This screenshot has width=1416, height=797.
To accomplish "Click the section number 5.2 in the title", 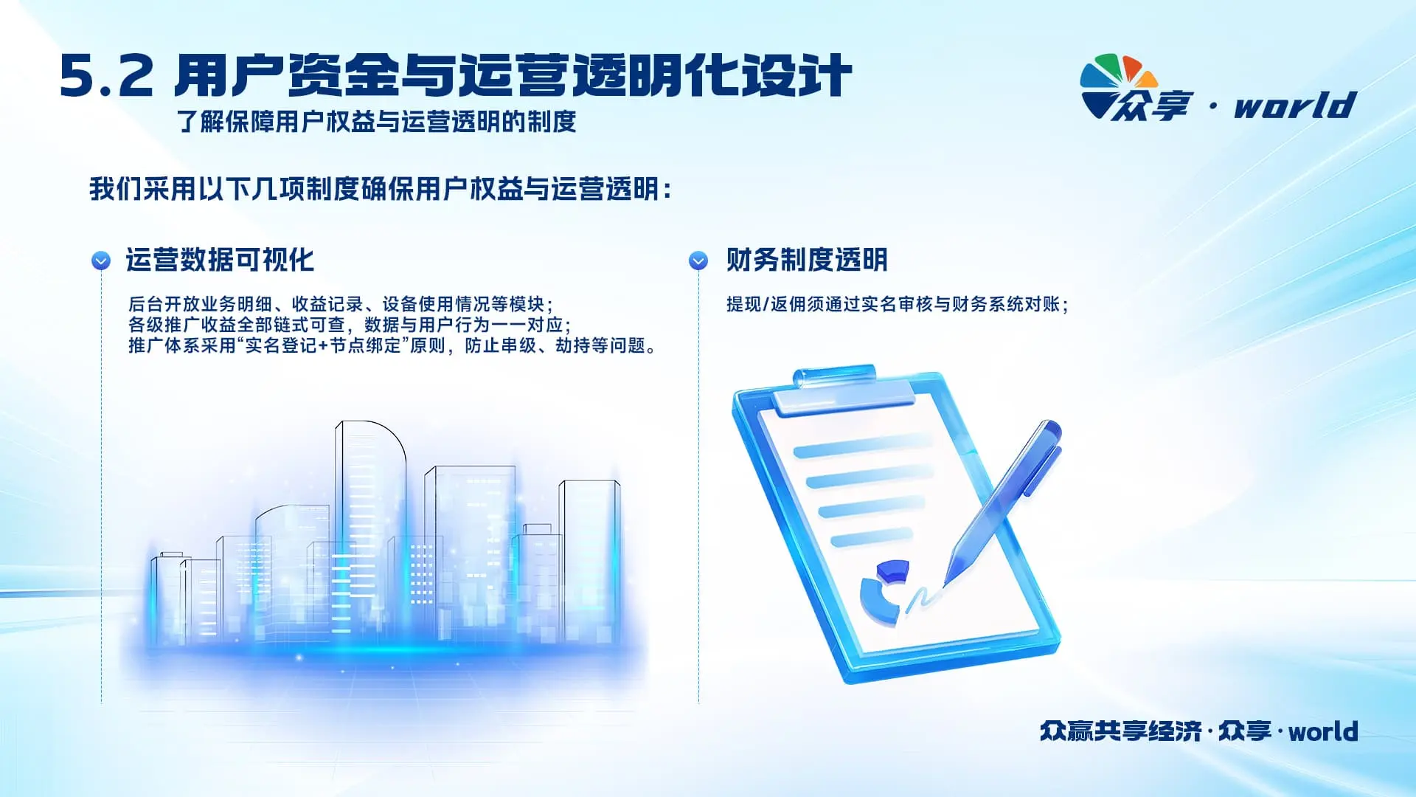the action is click(107, 76).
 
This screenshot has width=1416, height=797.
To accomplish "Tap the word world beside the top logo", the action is click(1296, 105).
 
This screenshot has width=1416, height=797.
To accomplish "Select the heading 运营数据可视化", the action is click(220, 260).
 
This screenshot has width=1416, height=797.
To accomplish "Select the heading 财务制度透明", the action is click(807, 260).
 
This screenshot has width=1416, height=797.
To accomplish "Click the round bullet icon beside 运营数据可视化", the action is click(101, 261).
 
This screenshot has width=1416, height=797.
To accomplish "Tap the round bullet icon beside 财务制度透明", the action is click(698, 261).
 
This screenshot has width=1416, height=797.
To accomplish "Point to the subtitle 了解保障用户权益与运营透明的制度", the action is click(377, 122).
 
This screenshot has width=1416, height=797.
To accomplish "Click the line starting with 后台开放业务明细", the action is click(341, 304).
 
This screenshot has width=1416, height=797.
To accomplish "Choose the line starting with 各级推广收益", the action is click(350, 325).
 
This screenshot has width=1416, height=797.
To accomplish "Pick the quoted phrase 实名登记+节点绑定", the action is click(322, 345).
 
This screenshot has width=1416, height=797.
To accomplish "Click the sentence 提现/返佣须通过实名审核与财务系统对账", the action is click(897, 304).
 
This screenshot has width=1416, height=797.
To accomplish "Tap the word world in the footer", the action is click(1323, 731).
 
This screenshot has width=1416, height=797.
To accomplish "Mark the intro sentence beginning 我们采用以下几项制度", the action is click(381, 190).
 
